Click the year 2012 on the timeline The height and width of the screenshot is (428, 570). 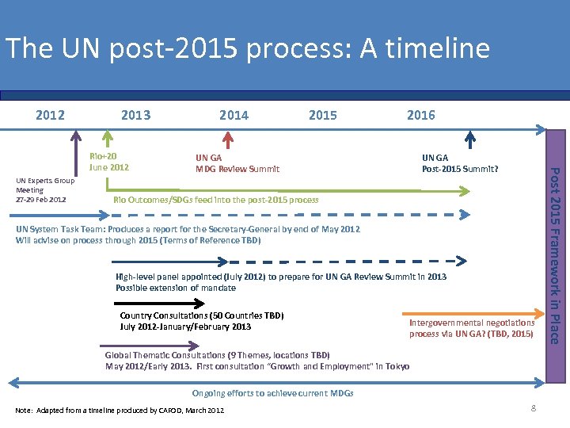pyautogui.click(x=51, y=115)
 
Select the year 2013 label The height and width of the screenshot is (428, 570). pyautogui.click(x=135, y=115)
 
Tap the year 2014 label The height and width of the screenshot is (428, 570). pyautogui.click(x=234, y=115)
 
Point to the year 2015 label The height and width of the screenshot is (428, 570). pyautogui.click(x=322, y=115)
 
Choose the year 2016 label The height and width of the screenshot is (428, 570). pyautogui.click(x=420, y=115)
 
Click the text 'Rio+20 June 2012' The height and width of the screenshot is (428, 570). pyautogui.click(x=109, y=162)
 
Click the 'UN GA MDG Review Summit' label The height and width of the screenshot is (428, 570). pyautogui.click(x=237, y=162)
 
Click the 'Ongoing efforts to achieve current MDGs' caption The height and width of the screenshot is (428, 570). pyautogui.click(x=272, y=393)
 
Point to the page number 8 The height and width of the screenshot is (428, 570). pyautogui.click(x=534, y=407)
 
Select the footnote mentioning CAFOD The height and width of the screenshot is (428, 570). pyautogui.click(x=120, y=410)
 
